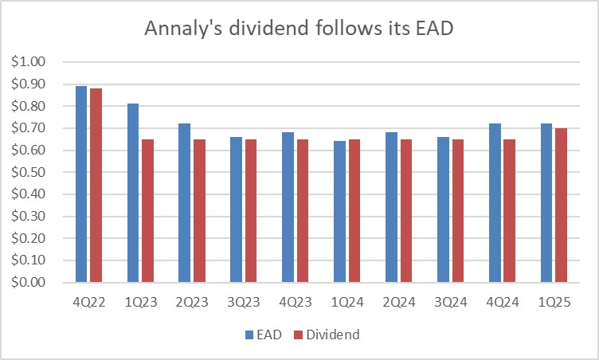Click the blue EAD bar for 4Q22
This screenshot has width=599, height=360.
coord(80,184)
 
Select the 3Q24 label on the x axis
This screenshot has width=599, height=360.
coord(450,303)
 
